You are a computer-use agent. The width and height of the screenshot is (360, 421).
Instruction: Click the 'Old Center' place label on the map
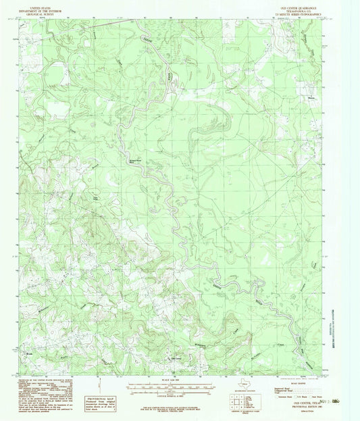(x=177, y=358)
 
